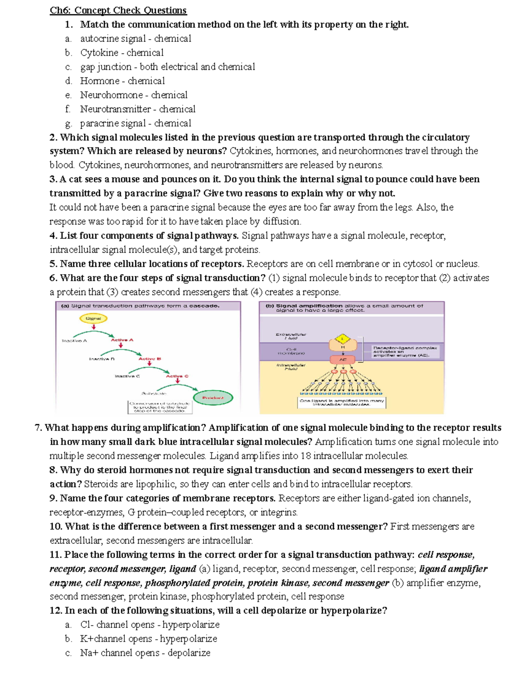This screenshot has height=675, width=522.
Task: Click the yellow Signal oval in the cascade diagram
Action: [x=93, y=319]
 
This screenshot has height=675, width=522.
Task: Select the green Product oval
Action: [x=213, y=398]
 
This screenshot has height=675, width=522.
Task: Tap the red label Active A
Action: [x=122, y=340]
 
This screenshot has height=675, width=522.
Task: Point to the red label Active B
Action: [x=150, y=359]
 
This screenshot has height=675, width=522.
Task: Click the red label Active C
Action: [x=177, y=376]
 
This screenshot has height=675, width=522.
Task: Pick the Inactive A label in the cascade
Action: [x=74, y=341]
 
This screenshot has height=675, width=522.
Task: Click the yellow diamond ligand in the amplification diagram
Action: [x=343, y=339]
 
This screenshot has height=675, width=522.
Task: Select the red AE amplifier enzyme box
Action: [x=343, y=359]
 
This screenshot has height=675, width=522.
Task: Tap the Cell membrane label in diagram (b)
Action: [x=291, y=351]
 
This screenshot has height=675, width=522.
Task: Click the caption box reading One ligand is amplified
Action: [x=341, y=402]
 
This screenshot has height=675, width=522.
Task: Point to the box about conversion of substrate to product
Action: [x=160, y=407]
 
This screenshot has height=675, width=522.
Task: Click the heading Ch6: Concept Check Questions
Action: [x=118, y=10]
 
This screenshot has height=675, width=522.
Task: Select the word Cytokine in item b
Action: [x=99, y=53]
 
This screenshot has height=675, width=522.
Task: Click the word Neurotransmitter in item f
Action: [x=115, y=109]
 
